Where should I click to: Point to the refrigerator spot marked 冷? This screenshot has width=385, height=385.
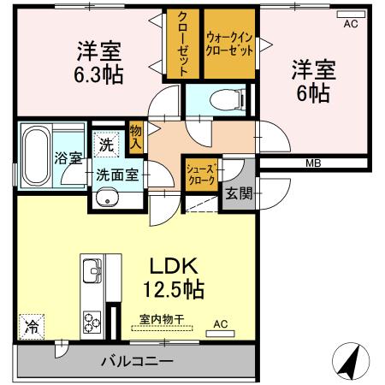point(32,325)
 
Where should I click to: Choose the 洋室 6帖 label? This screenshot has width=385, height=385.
point(312,80)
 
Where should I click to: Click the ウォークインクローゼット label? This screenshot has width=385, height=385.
point(229,44)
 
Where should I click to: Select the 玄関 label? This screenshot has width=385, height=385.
point(240,193)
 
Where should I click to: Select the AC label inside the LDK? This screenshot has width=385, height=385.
point(221,323)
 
